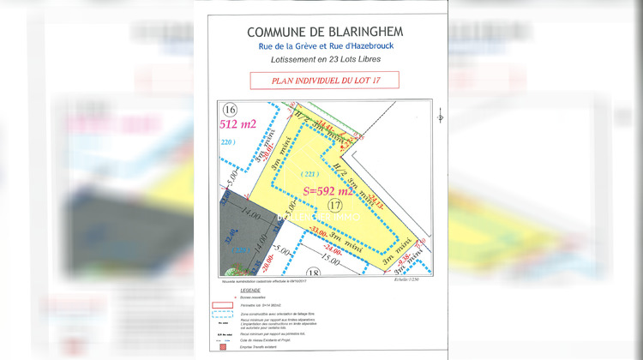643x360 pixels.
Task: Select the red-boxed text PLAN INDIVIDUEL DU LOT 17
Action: (x=324, y=81)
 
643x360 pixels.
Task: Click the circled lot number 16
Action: (x=229, y=110)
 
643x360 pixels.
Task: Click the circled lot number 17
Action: (x=335, y=206)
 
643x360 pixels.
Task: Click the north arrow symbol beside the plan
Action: (x=440, y=115)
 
